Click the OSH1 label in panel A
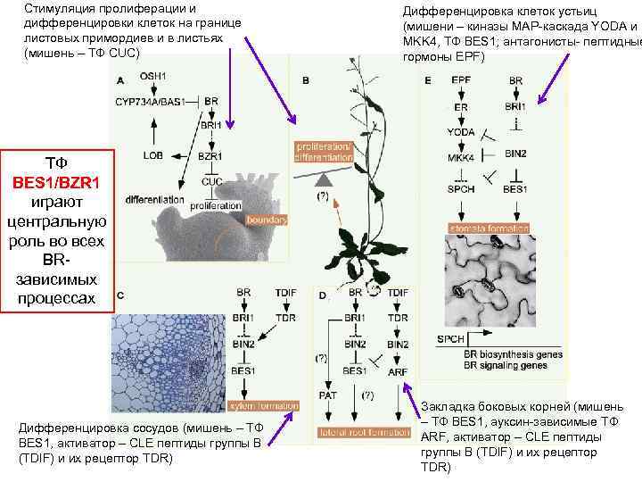pyautogui.click(x=152, y=77)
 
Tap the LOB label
pyautogui.click(x=152, y=155)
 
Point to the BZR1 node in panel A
pyautogui.click(x=210, y=155)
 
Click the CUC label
pyautogui.click(x=211, y=181)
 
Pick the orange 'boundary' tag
pyautogui.click(x=266, y=219)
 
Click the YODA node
pyautogui.click(x=461, y=131)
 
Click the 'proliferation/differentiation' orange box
pyautogui.click(x=324, y=150)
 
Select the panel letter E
pyautogui.click(x=428, y=80)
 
